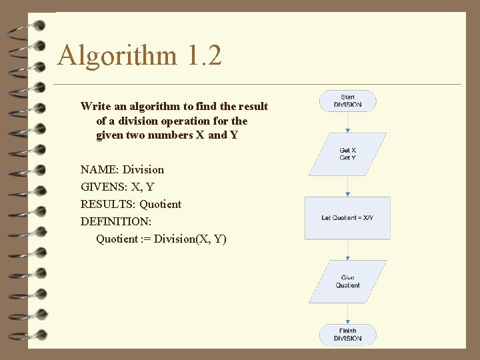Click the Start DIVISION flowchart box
(347, 101)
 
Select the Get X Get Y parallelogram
(347, 154)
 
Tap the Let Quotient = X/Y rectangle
(347, 218)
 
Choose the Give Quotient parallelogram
(347, 281)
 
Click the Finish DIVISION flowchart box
(347, 334)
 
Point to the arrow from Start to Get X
(347, 122)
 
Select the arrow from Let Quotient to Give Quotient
(347, 250)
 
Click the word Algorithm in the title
(117, 56)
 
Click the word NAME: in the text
(100, 169)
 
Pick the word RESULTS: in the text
(109, 204)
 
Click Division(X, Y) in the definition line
(190, 239)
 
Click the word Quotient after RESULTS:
(160, 204)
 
